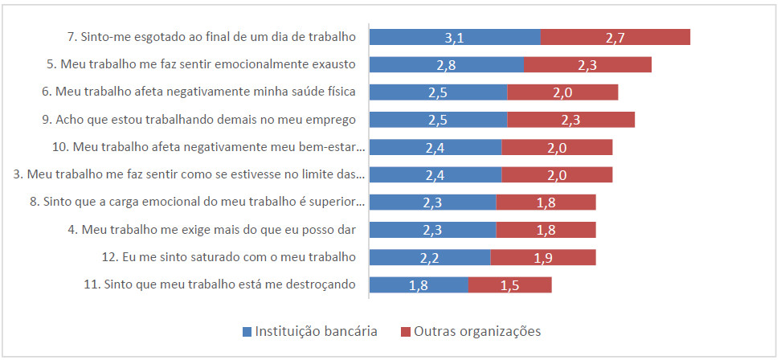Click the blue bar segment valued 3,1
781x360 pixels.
click(x=454, y=37)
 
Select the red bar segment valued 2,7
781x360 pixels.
click(x=615, y=37)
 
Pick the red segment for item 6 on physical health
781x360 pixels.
click(x=562, y=92)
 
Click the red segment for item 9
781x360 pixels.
click(x=570, y=120)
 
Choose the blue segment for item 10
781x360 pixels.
click(x=435, y=147)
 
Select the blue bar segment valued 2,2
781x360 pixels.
click(x=429, y=257)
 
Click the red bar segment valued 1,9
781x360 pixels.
click(x=542, y=257)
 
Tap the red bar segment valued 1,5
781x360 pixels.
click(x=509, y=284)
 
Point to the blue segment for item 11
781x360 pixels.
click(x=418, y=284)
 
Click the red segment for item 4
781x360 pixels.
click(x=546, y=230)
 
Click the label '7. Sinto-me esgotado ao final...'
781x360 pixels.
click(x=213, y=37)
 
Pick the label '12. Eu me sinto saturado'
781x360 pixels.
click(x=223, y=257)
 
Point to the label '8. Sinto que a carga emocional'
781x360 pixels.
click(x=197, y=202)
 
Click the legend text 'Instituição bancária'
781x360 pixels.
click(x=316, y=331)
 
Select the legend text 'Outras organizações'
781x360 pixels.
click(x=478, y=331)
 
